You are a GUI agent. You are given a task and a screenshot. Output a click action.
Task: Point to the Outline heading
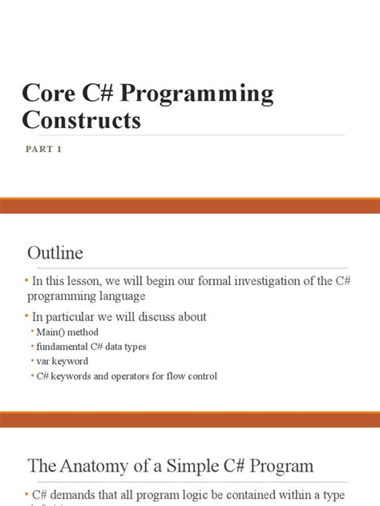pos(55,254)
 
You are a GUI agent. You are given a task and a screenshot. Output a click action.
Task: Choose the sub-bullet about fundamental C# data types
pos(91,347)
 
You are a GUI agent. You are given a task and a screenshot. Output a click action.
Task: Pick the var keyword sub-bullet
pos(63,361)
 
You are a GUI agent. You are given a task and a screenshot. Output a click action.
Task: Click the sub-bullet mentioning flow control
pos(127,375)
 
